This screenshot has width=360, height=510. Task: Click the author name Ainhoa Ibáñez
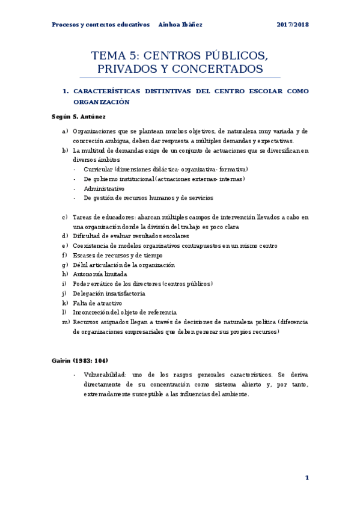tap(180, 25)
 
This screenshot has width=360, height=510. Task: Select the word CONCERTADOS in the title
tap(217, 70)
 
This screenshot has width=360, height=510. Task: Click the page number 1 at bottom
tap(307, 478)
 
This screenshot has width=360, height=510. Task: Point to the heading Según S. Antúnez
tap(79, 115)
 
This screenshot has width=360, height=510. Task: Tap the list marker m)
tap(66, 322)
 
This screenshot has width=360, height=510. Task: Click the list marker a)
tap(64, 131)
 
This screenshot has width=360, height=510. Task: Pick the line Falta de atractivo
tap(97, 303)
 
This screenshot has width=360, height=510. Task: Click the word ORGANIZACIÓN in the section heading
tap(102, 102)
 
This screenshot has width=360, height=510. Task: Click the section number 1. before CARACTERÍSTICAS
tap(66, 91)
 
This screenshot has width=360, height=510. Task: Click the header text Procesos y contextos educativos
tap(100, 25)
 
